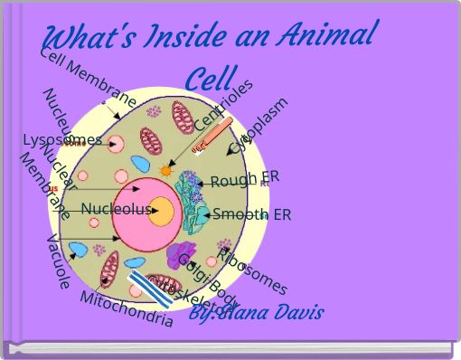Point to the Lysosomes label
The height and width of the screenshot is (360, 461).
[x=61, y=139]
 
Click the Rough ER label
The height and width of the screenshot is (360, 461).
[x=243, y=178]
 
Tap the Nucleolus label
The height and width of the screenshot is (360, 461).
[x=115, y=209]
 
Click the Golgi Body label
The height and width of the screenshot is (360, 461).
[x=208, y=281]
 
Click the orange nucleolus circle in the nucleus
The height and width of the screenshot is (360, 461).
[x=162, y=211]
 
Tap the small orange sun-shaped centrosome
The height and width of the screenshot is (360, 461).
[x=165, y=170]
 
